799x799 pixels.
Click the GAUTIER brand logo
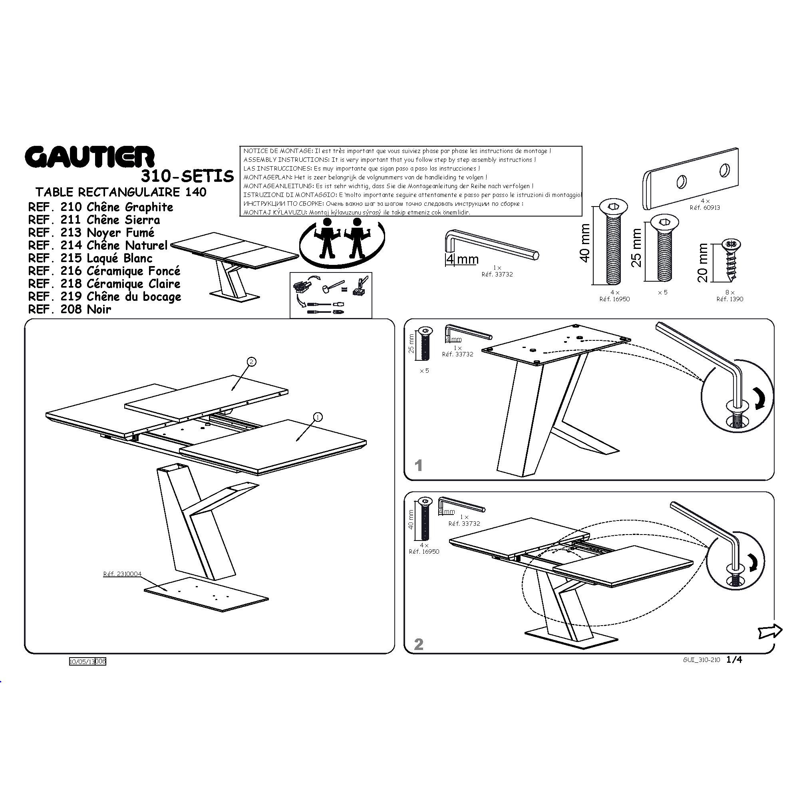pos(90,157)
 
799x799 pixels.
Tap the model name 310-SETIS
pos(187,176)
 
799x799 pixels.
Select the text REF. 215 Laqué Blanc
pos(90,258)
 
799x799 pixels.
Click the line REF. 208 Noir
pos(70,309)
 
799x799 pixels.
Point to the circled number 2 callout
pos(251,362)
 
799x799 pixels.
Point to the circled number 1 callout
pos(318,417)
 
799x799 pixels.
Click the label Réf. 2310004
pos(122,574)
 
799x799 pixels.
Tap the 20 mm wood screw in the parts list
pos(731,260)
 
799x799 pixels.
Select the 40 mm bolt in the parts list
pos(613,242)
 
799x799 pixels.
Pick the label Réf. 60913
pos(705,208)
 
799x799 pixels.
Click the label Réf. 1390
pos(730,299)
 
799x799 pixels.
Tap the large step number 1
pos(419,466)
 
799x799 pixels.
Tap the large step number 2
pos(419,644)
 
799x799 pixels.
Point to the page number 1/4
pos(734,660)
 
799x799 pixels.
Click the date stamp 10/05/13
pos(82,661)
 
